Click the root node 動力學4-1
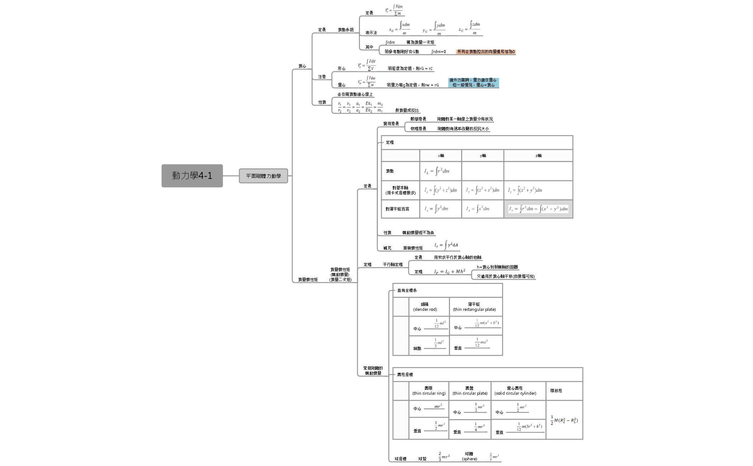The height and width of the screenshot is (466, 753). [x=192, y=176]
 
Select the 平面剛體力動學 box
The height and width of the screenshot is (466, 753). [x=263, y=176]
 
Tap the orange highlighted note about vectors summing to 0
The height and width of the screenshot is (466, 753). [x=486, y=52]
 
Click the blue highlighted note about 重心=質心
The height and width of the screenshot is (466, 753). [x=473, y=83]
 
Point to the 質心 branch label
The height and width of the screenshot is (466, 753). [x=302, y=66]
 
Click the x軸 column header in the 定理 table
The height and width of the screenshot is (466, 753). [x=441, y=156]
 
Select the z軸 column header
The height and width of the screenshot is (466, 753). [x=538, y=156]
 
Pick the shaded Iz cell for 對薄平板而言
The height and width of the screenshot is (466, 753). [x=538, y=209]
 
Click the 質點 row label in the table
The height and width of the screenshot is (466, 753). [x=390, y=171]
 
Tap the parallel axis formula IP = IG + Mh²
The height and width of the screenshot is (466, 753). [x=450, y=272]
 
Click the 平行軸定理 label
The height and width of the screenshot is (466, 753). [x=393, y=265]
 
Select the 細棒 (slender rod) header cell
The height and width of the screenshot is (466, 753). [x=425, y=307]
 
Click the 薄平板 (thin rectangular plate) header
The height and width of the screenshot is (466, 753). [x=474, y=307]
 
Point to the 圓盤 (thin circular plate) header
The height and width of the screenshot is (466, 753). [x=470, y=391]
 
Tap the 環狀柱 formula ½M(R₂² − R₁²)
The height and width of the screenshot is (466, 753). [x=564, y=420]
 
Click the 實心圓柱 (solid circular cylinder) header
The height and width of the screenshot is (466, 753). [x=515, y=391]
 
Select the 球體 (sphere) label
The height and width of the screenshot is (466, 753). [x=469, y=456]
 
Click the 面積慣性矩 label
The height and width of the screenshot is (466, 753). [x=413, y=248]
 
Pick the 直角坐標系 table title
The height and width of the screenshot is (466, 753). [x=407, y=290]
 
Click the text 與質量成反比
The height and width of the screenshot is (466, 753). [x=407, y=110]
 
